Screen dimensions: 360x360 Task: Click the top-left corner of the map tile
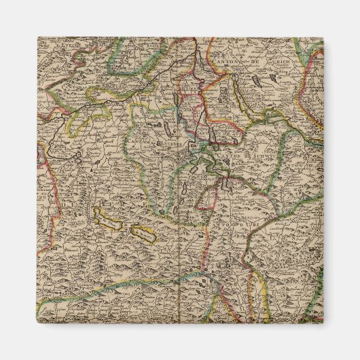[x=37, y=37]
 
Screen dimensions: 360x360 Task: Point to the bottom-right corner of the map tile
[x=323, y=323]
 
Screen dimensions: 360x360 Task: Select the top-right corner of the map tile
[x=323, y=37]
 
